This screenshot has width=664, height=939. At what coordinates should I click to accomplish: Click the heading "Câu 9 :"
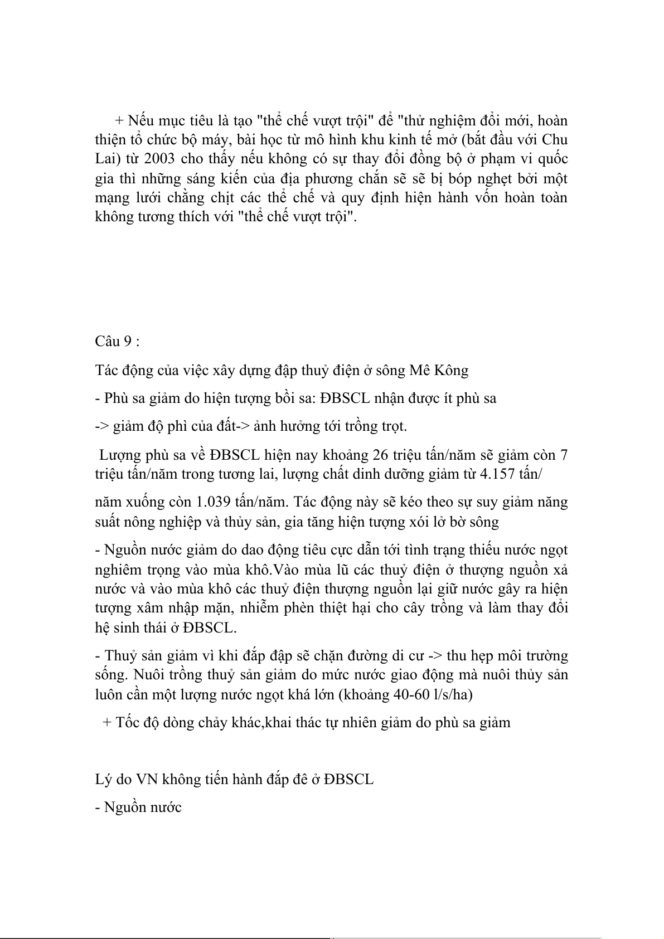(x=117, y=342)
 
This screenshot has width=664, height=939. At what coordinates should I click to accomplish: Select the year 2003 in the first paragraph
(x=159, y=158)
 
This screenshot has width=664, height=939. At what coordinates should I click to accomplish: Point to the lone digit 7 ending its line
(x=564, y=455)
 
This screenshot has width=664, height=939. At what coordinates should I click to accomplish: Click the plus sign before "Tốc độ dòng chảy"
(x=108, y=723)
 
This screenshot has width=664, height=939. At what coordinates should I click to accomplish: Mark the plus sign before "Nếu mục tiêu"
(x=119, y=120)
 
